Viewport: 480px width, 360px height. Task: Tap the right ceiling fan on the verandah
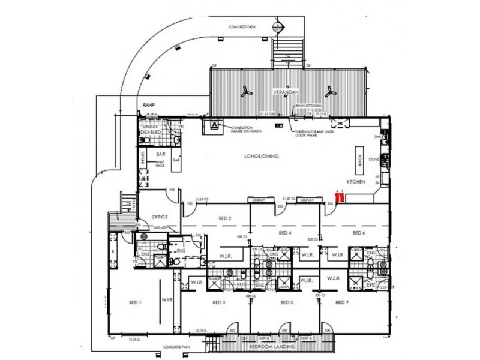[x=329, y=92]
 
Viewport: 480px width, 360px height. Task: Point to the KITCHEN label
[x=355, y=181]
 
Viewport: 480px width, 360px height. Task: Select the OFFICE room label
[x=160, y=217]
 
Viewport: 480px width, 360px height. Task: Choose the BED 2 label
[x=224, y=218]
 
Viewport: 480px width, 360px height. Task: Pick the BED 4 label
[x=286, y=232]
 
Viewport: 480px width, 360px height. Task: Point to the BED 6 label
[x=359, y=232]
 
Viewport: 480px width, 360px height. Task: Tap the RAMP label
[x=149, y=105]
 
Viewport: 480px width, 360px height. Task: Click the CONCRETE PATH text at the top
[x=242, y=28]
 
